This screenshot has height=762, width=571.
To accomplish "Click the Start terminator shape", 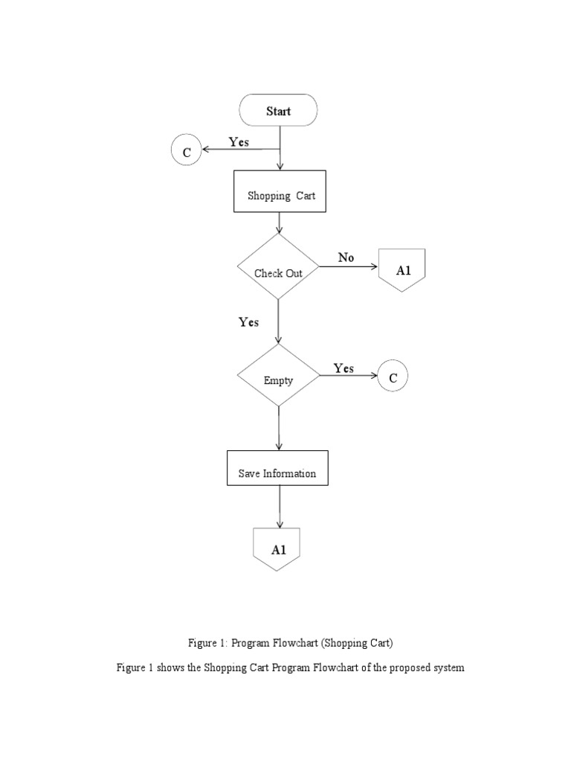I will [x=278, y=111].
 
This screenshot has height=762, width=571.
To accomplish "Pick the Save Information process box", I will [x=277, y=468].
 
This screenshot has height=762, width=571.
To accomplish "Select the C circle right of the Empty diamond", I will [x=393, y=377].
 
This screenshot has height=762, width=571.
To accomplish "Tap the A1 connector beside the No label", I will [x=402, y=270].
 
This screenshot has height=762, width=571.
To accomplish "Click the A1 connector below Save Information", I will [x=279, y=548].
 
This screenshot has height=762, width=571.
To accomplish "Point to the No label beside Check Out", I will [x=346, y=257].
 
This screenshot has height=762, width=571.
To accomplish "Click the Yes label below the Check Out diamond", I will [x=248, y=322].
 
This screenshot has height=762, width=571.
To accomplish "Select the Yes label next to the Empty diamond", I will [x=343, y=368].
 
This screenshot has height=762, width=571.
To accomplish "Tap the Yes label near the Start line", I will [x=239, y=141].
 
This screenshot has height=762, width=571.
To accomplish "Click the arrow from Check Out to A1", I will [x=349, y=266].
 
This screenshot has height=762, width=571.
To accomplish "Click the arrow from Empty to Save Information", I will [x=279, y=428].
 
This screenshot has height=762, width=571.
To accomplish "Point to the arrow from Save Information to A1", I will [x=279, y=506].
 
